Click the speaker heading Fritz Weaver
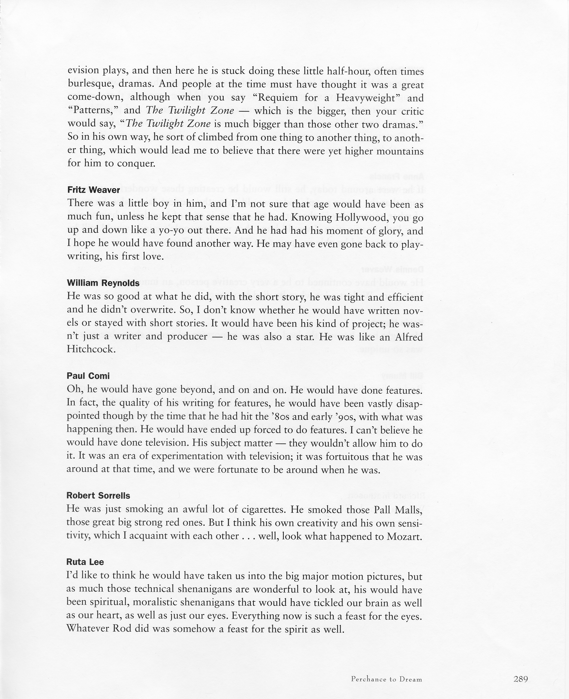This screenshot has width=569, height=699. tap(93, 190)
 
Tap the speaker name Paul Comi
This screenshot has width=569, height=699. tap(88, 376)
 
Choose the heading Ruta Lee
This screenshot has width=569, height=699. tap(85, 562)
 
